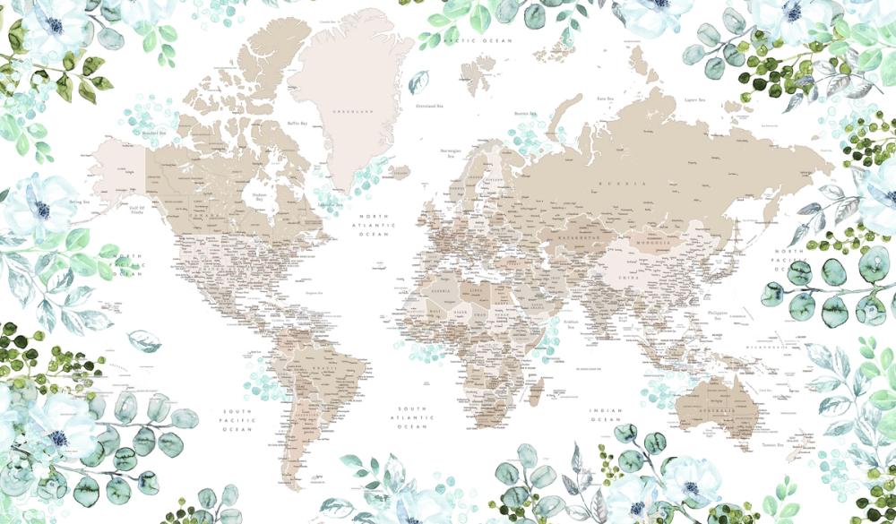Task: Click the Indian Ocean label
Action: (x=606, y=415)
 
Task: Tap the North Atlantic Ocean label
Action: (x=376, y=225)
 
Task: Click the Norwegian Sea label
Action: (x=451, y=153)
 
